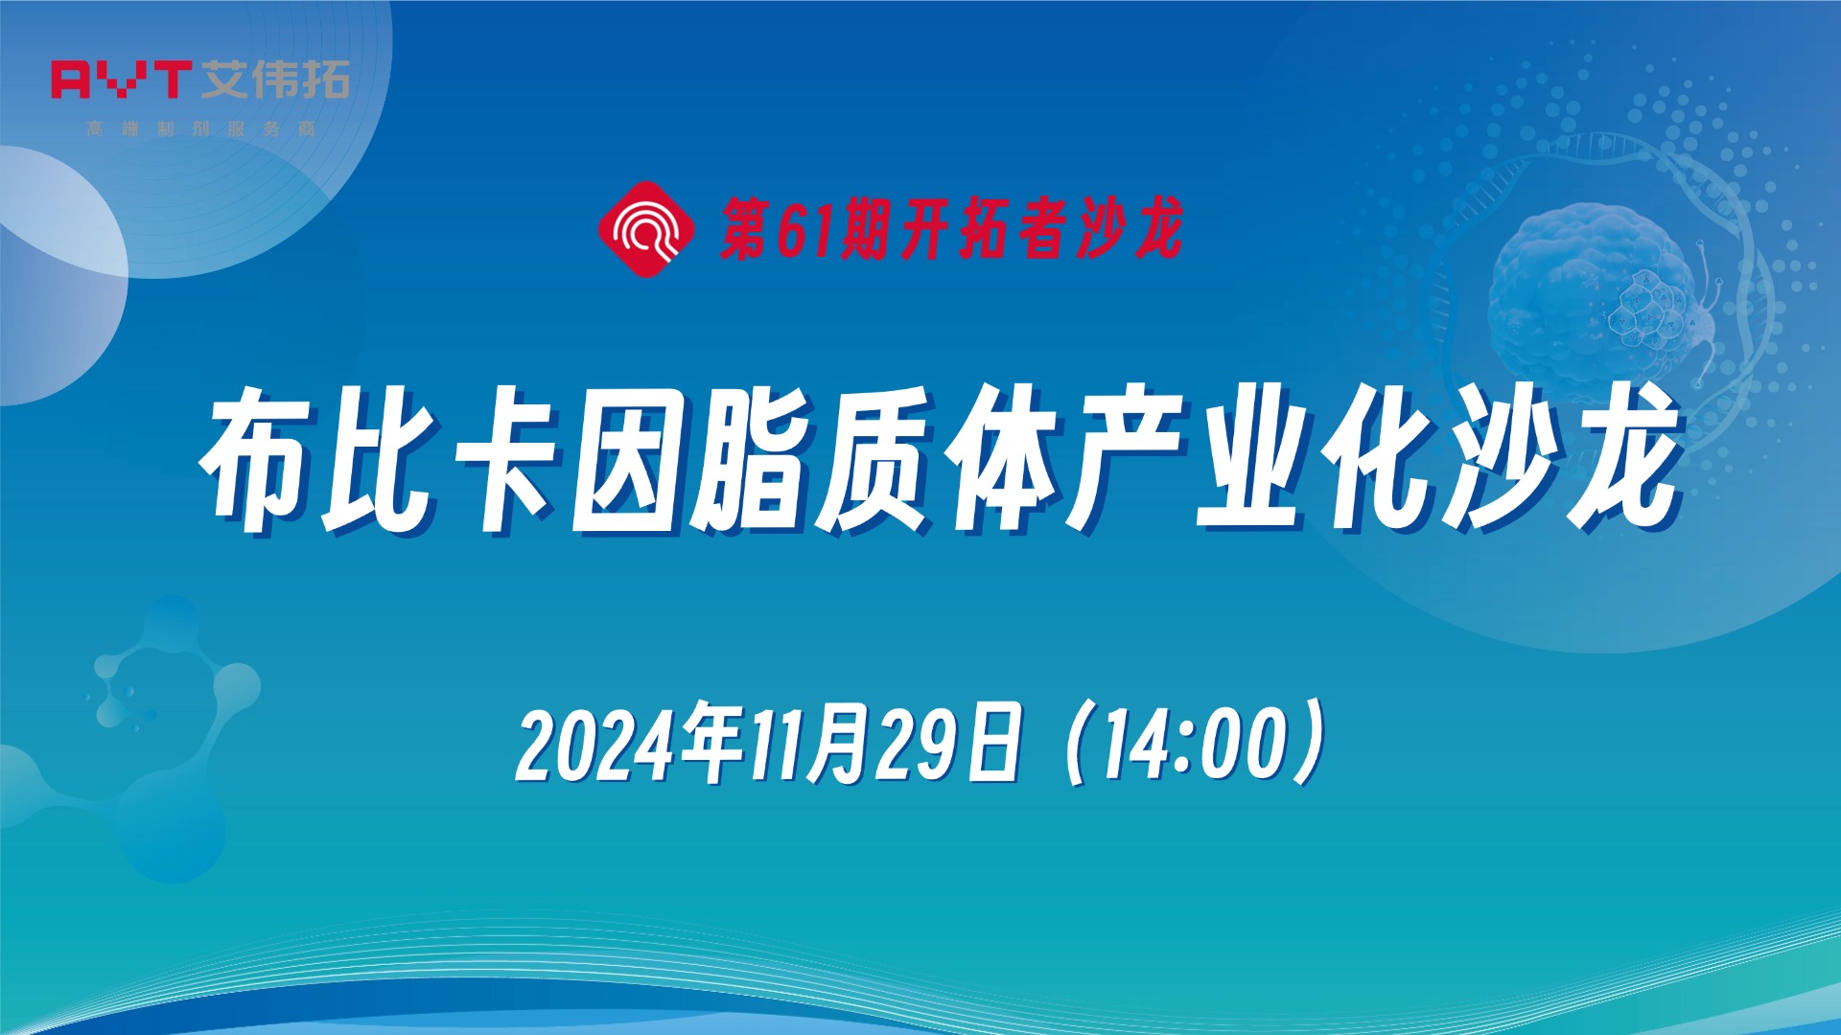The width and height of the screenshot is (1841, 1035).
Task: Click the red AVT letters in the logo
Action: (120, 80)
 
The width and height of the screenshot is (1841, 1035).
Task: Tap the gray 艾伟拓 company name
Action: (276, 80)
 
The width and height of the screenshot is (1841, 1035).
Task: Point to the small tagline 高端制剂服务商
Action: (200, 128)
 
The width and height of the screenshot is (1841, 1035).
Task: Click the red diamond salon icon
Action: (646, 229)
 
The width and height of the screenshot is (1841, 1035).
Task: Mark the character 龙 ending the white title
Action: (1620, 460)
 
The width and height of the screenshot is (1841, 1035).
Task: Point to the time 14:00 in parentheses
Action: (1194, 746)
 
